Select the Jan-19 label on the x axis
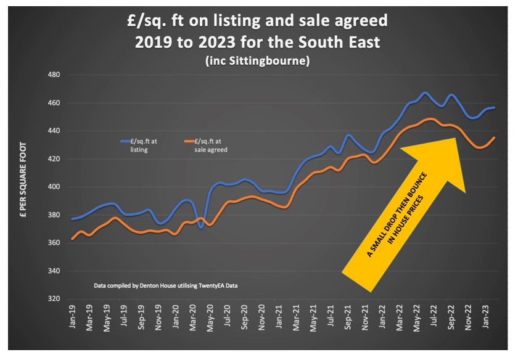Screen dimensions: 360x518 click(73, 316)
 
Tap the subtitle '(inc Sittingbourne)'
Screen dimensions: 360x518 click(258, 62)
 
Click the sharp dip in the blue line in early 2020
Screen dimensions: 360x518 click(201, 227)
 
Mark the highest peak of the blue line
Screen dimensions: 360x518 click(425, 93)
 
